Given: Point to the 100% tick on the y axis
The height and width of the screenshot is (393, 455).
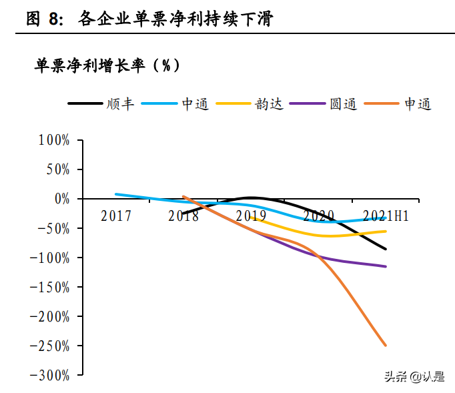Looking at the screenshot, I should tap(53, 140).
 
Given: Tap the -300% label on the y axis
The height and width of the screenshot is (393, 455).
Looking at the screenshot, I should tap(49, 375).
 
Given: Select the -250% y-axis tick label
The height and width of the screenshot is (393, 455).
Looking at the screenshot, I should tap(49, 346).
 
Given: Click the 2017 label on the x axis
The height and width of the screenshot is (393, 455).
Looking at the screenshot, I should tap(116, 216).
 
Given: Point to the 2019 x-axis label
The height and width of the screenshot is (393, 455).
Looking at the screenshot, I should tap(251, 216).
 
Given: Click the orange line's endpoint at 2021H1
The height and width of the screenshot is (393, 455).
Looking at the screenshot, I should tap(386, 345).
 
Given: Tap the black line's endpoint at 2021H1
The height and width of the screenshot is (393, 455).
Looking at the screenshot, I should tap(386, 249).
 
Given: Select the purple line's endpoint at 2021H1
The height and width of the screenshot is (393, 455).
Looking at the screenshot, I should tap(386, 266).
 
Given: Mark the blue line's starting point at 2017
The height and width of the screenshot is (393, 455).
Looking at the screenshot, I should tap(116, 194).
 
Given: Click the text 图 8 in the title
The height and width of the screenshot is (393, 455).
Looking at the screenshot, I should tap(44, 19).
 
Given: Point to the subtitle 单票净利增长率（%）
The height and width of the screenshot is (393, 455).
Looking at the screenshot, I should tap(107, 65).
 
